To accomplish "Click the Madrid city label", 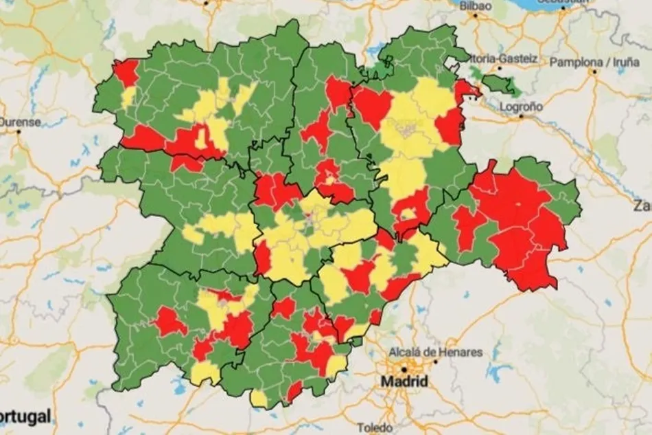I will [x=405, y=381].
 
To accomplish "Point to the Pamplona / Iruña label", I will [x=594, y=63].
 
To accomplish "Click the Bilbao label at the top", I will [x=476, y=5].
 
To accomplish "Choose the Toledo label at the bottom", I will [x=375, y=427].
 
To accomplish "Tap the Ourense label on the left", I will [x=19, y=122].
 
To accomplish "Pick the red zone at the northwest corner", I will [x=126, y=72].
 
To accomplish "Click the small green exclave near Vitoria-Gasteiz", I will [x=501, y=84].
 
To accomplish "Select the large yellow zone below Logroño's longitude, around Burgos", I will [x=412, y=120].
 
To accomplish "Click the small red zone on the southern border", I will [x=294, y=391].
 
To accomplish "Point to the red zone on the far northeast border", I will [x=467, y=89].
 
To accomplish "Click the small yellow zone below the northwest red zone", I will [x=128, y=96].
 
